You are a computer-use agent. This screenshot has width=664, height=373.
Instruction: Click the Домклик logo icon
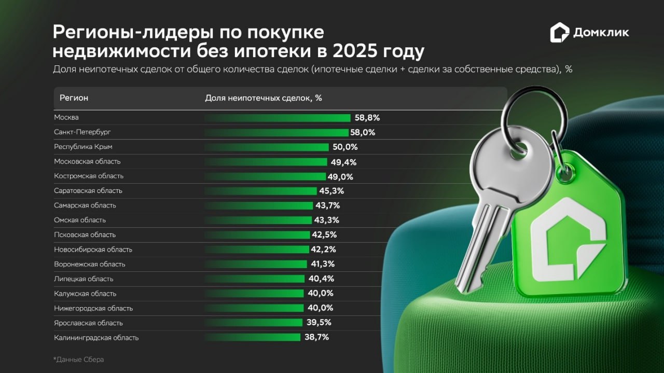point(560,32)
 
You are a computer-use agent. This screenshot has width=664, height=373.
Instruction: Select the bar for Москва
point(277,118)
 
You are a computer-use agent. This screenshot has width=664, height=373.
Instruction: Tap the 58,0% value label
point(363,132)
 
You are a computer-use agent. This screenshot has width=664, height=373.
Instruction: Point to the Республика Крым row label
point(83,147)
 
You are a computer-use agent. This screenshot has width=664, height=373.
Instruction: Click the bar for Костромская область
point(265,176)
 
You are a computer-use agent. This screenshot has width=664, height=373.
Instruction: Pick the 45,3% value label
point(331,191)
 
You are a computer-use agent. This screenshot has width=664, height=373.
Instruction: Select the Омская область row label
point(80,220)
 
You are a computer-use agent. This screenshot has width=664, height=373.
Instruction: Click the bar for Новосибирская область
point(256,250)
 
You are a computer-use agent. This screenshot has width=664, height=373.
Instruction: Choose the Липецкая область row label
point(84,279)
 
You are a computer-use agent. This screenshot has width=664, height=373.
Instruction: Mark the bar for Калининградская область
point(252,338)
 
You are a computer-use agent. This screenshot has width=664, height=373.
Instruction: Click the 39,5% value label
point(319,323)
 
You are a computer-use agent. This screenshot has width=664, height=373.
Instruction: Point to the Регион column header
point(74,98)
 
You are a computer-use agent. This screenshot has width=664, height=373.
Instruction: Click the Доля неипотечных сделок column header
point(264,98)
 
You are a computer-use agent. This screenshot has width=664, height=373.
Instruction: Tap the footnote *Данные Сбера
point(78,360)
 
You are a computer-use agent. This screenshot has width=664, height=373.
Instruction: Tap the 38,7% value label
point(316,338)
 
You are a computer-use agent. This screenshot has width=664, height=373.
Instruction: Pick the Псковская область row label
point(85,234)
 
